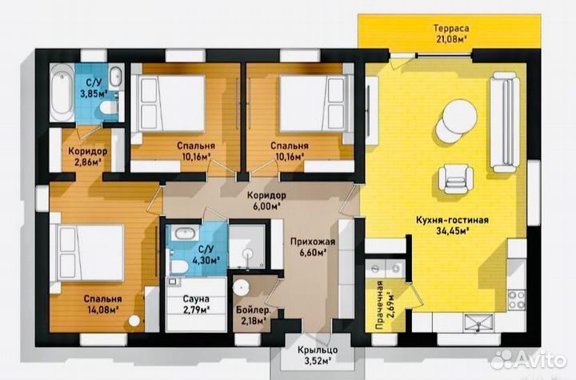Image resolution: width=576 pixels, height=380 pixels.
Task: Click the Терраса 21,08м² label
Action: (451, 34)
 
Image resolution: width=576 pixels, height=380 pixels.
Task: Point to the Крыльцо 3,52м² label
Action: (318, 355)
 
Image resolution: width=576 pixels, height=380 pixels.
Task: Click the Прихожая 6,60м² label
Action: (313, 246)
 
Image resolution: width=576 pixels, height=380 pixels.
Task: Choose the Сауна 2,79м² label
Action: (196, 304)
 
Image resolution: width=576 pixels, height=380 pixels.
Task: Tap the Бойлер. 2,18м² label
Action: (254, 316)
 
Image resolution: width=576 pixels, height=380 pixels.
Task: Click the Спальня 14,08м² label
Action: (102, 304)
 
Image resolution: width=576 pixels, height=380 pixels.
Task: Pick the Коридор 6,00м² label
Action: (266, 200)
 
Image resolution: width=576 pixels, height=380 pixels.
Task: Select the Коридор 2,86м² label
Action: (88, 157)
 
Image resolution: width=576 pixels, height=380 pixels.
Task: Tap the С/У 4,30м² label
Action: (206, 254)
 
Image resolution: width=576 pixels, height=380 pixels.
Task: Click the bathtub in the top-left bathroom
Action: (62, 92)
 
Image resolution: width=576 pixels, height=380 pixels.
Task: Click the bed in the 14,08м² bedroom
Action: (87, 253)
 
